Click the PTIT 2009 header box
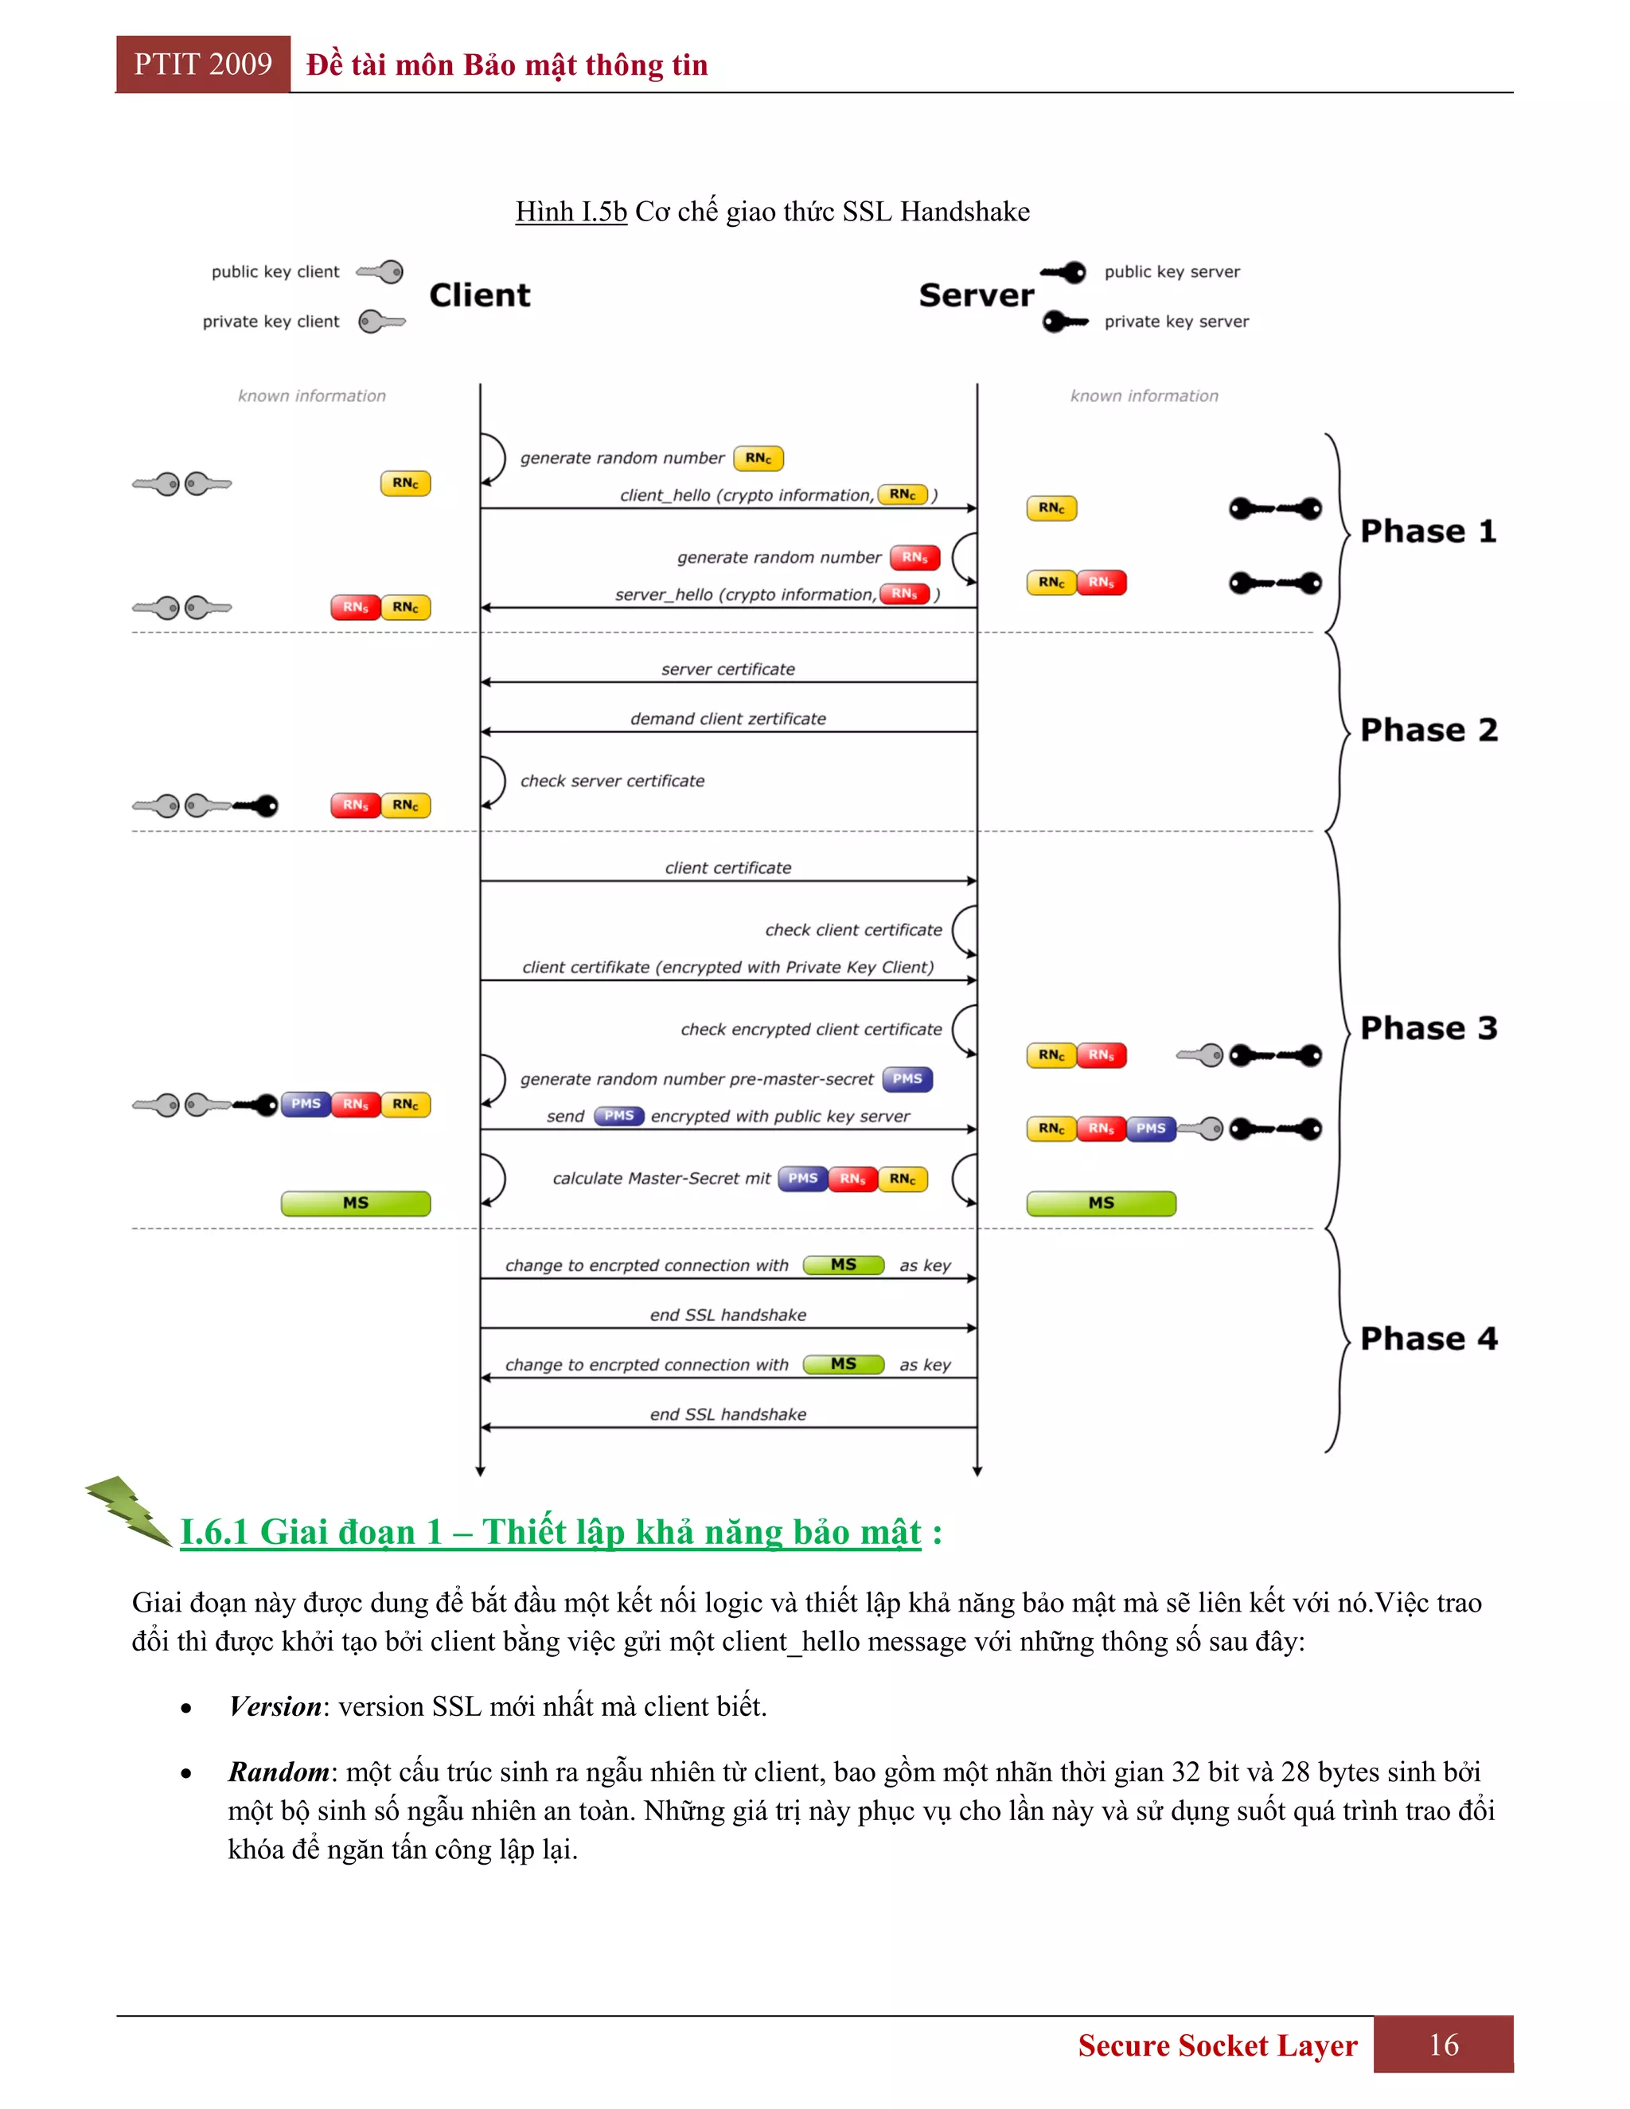203,64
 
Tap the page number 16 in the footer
1444,2045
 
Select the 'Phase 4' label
1427,1339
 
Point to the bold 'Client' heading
480,294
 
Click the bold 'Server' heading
975,294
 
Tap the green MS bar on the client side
355,1203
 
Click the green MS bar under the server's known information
1101,1203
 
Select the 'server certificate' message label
728,669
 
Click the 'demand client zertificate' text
728,719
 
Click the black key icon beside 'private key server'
1064,322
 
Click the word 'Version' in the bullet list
275,1706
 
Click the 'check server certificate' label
612,782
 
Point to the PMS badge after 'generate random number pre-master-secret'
907,1078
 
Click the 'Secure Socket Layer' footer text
1217,2045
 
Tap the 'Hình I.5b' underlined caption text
571,212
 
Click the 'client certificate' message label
728,868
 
